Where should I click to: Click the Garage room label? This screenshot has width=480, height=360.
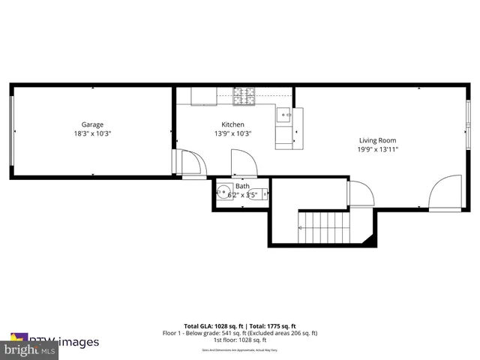coord(92,124)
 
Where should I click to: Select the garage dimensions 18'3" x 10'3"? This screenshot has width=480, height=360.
coord(92,133)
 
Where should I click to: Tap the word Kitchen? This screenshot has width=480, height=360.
coord(232,124)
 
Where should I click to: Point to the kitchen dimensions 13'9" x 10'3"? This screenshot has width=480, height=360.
coord(232,133)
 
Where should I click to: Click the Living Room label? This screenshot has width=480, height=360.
coord(377,140)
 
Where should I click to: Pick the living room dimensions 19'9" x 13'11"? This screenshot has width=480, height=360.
coord(377,149)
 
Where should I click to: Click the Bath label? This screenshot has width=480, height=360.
coord(242,186)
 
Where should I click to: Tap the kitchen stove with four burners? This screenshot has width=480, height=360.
coord(244,96)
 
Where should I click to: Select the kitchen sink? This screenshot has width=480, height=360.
coord(284,116)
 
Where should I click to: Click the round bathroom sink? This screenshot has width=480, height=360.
coord(224,190)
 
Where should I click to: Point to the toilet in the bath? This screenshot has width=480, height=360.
coord(258,193)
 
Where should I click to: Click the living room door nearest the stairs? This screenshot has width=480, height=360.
coord(360,193)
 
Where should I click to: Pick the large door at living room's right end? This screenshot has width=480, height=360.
coord(446,192)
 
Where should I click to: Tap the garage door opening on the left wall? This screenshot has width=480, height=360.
coord(11,131)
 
